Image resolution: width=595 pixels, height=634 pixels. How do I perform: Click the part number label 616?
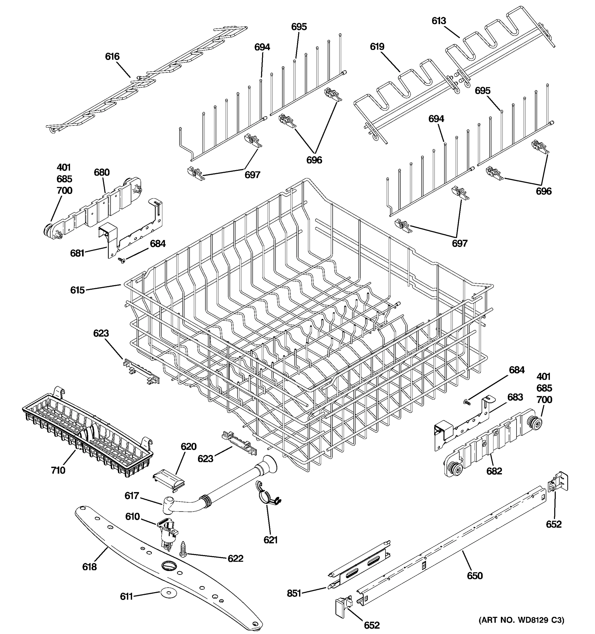point(112,57)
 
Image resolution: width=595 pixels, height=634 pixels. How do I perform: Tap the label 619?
point(377,46)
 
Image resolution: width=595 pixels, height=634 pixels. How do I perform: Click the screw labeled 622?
point(184,549)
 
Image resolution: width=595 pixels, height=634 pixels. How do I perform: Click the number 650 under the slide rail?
point(475,576)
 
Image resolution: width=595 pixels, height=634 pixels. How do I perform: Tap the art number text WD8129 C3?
point(521,620)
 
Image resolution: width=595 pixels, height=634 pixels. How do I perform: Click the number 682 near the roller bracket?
point(494,471)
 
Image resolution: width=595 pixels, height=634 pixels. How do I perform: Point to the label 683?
point(515,397)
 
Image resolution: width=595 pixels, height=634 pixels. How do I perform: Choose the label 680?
point(102,172)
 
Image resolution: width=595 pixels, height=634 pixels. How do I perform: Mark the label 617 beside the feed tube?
point(131,495)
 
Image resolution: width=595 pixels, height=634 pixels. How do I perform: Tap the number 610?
point(132,516)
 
